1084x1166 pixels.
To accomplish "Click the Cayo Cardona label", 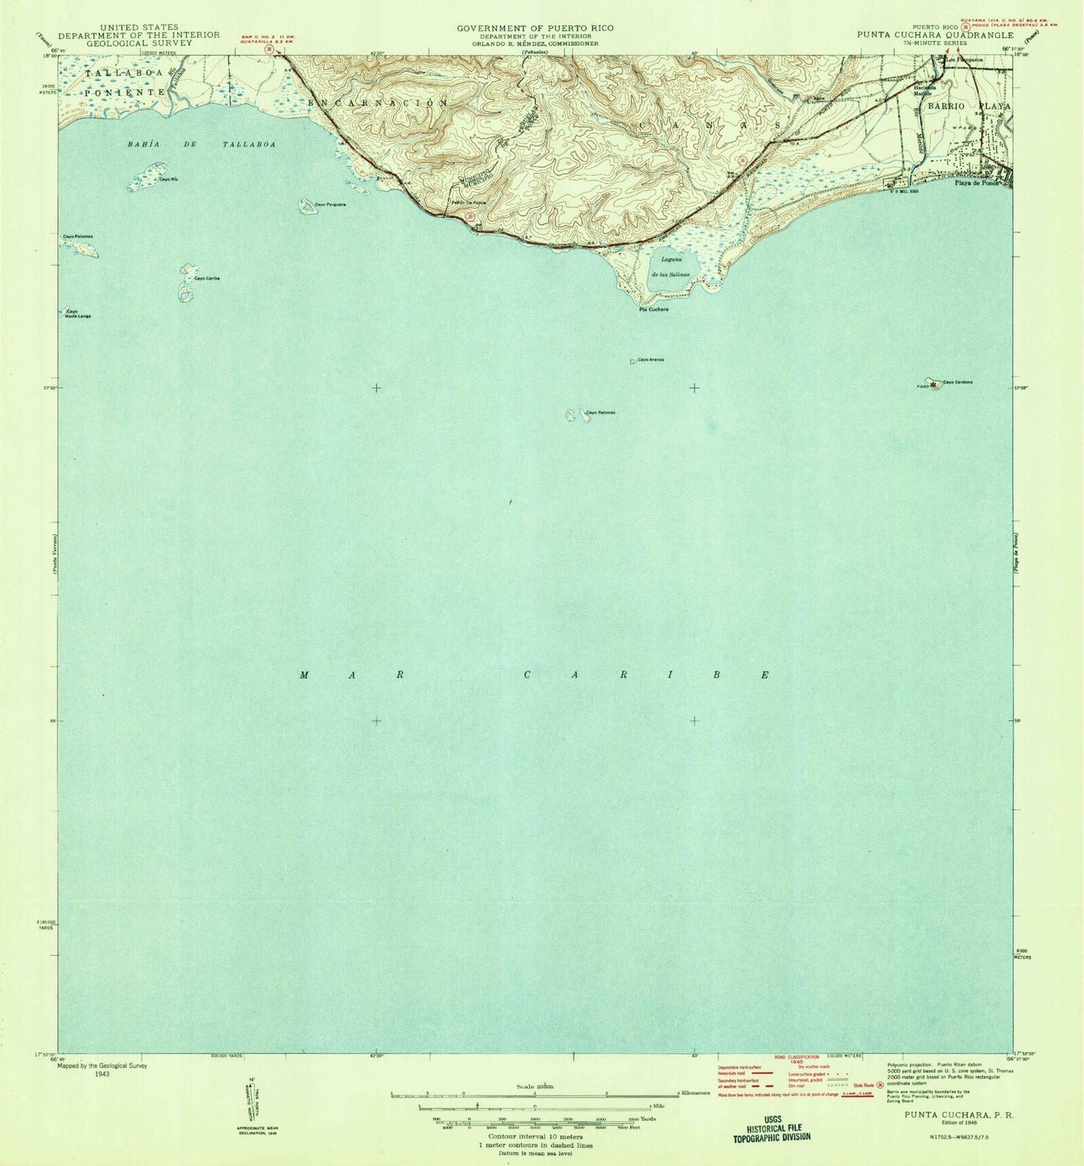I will [x=958, y=382].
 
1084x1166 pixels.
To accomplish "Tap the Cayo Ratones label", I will [x=600, y=413].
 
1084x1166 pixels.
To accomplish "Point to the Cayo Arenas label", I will [x=650, y=359].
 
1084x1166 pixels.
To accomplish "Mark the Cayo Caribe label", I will [x=206, y=278].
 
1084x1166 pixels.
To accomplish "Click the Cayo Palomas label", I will [x=77, y=236].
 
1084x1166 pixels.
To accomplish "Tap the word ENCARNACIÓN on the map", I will [x=378, y=103].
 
